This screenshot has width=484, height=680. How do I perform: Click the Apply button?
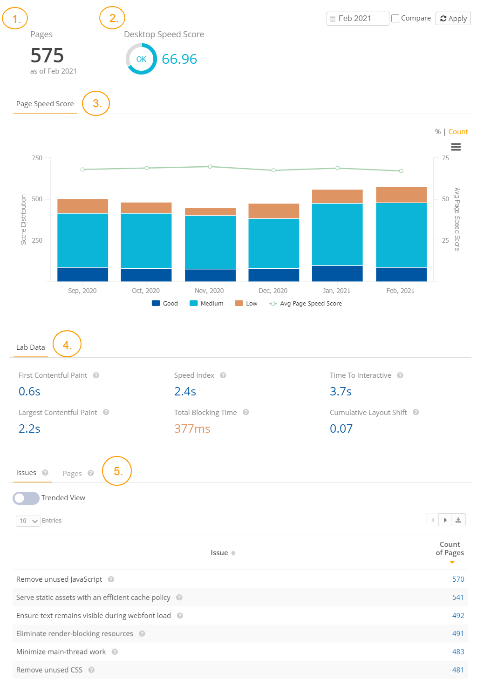pos(453,19)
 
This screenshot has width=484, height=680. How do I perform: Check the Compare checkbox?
pos(395,19)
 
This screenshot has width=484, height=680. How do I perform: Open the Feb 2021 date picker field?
pos(357,19)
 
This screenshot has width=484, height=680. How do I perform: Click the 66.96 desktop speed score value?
pos(179,59)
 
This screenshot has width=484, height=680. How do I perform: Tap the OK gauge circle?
pos(141,59)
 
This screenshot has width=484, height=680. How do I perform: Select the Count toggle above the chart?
pos(458,132)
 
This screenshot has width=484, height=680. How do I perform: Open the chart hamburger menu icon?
pos(456,147)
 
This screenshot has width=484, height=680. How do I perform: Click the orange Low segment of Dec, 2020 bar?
pos(273,211)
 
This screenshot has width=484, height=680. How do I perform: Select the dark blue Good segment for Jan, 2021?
pos(337,273)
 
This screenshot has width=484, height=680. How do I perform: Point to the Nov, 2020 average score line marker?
pos(210,166)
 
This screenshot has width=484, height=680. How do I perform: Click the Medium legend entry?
pos(207,304)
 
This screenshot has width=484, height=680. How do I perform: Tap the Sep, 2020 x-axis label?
pos(82,291)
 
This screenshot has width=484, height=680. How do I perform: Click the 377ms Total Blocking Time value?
pos(192,428)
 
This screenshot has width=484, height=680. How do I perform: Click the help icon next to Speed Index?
pos(223,375)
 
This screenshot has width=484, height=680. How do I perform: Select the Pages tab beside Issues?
pos(72,474)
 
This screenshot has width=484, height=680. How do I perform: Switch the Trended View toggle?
pos(26,498)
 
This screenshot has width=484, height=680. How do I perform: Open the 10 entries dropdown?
pos(28,521)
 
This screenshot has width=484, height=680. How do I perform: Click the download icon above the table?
pos(458,520)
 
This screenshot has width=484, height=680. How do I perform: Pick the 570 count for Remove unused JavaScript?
pos(458,579)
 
